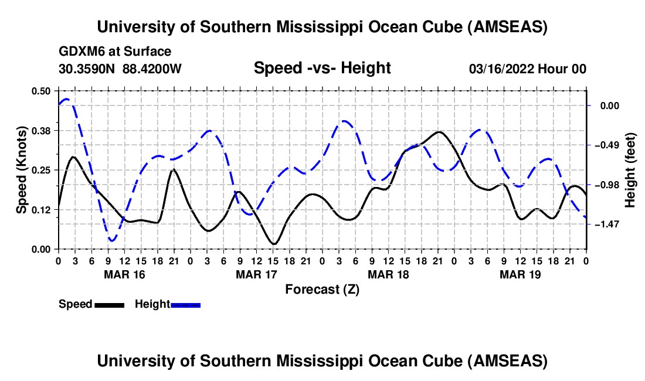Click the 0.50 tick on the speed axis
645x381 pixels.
42,91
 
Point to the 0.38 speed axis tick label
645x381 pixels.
42,130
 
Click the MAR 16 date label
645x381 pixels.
124,274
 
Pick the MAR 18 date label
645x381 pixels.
388,274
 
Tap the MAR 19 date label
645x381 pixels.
520,274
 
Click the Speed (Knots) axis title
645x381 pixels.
22,170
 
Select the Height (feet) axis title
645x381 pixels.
631,170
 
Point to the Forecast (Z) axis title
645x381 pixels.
322,289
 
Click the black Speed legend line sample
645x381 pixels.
109,305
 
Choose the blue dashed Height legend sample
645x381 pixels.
186,305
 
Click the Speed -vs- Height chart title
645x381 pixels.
322,68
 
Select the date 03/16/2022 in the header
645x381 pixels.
501,69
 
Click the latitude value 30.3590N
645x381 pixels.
87,69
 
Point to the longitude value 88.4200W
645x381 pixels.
152,69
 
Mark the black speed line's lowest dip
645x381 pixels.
273,243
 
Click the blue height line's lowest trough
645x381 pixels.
112,240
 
